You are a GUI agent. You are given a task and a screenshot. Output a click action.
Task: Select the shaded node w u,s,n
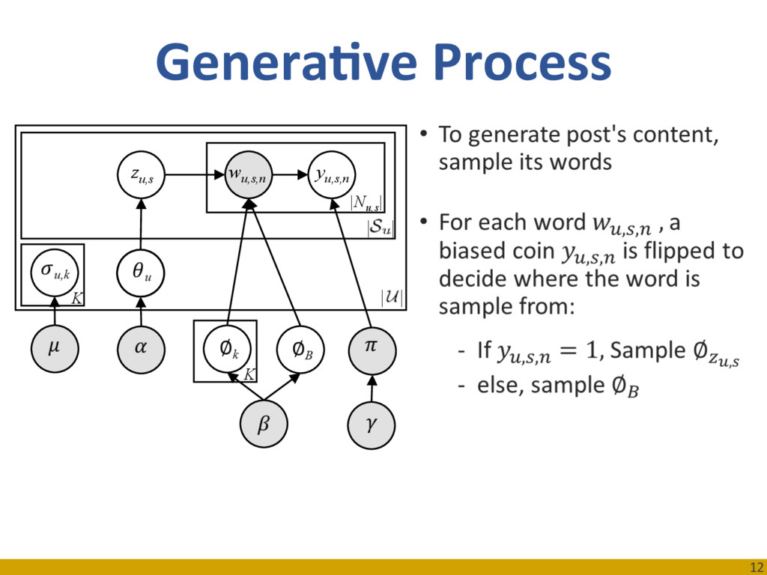[249, 175]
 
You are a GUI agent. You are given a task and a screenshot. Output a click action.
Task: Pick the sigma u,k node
[53, 270]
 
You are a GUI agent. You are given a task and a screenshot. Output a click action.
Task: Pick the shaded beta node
[263, 425]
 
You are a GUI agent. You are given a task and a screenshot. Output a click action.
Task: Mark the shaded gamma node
[372, 425]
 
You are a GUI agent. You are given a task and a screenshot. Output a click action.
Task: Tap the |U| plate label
[391, 298]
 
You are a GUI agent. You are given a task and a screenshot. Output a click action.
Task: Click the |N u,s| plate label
[367, 201]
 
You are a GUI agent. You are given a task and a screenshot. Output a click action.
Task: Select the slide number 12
[754, 567]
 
